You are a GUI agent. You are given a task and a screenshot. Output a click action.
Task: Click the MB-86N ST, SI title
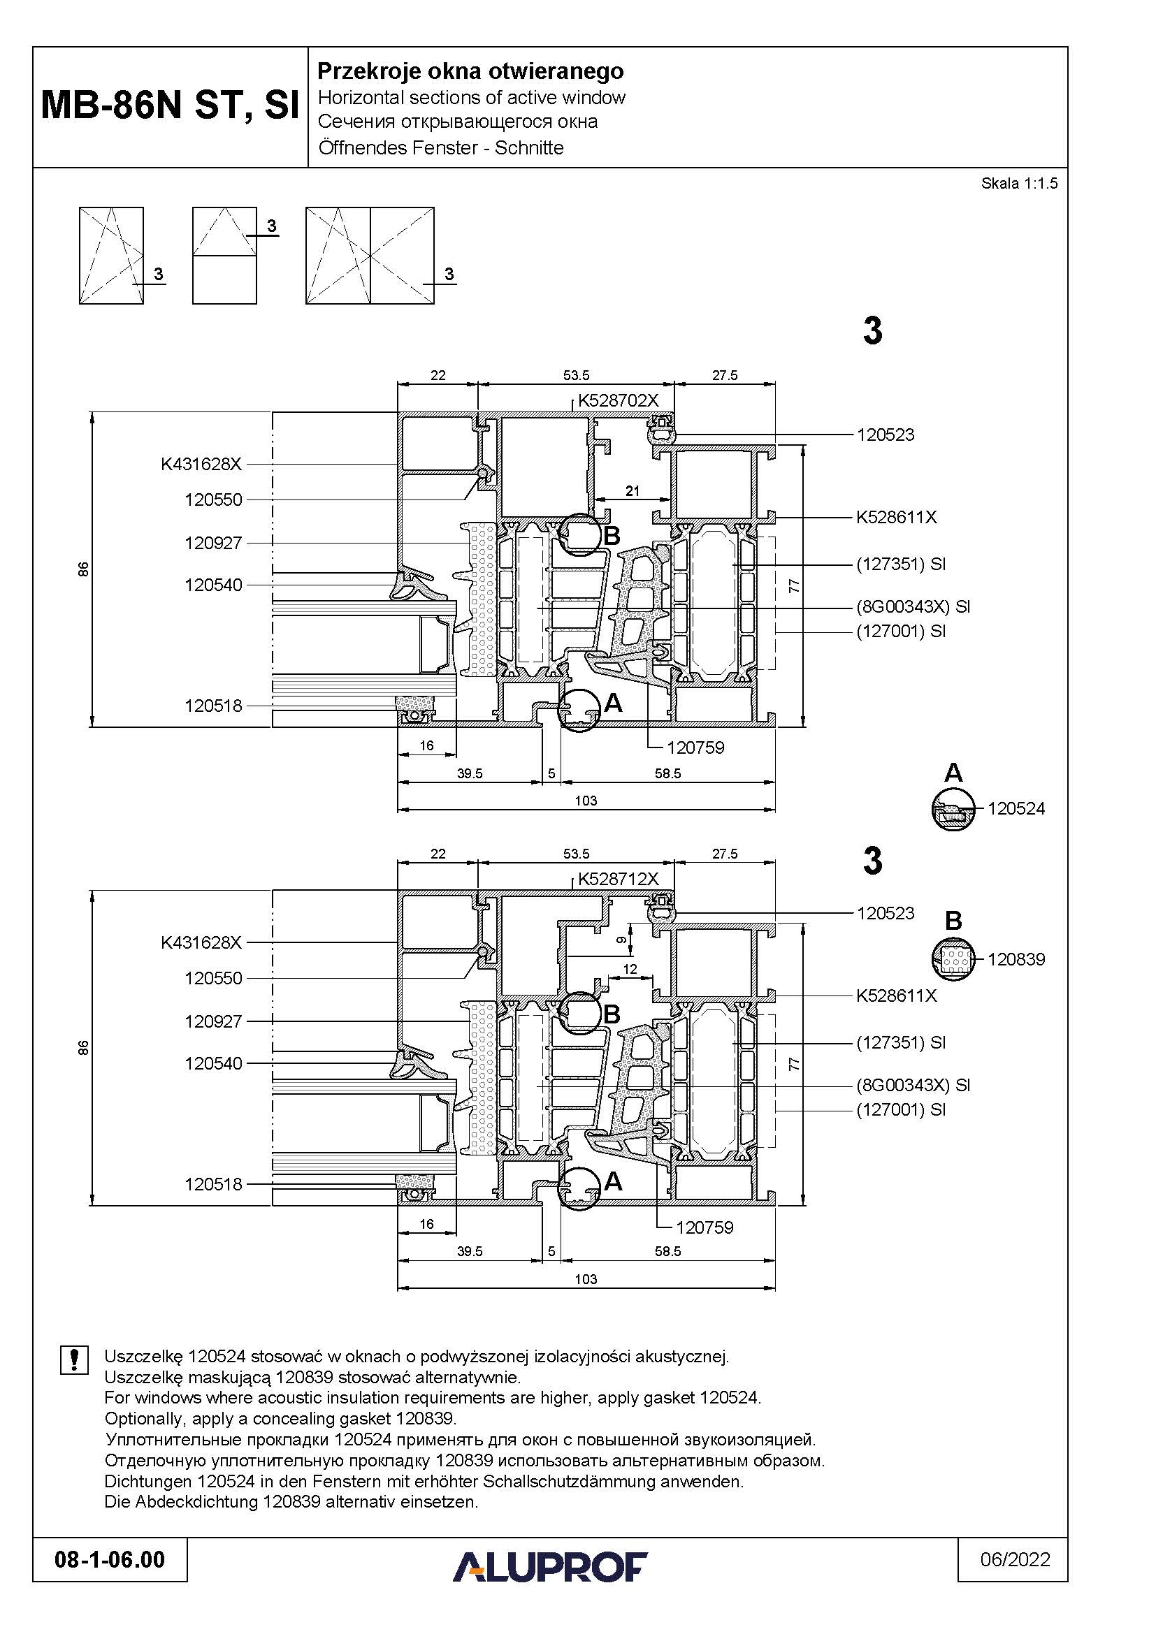click(170, 105)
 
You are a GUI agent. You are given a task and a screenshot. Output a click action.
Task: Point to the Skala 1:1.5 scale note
click(1019, 183)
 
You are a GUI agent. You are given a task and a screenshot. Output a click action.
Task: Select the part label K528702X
click(618, 401)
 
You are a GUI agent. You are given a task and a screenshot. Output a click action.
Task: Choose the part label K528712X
click(618, 879)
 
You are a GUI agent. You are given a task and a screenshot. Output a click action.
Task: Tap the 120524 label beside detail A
click(1016, 808)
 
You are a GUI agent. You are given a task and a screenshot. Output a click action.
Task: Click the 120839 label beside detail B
click(1016, 959)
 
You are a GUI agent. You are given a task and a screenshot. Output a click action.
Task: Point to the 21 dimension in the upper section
click(632, 490)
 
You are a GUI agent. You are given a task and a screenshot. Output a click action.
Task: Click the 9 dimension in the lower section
click(621, 940)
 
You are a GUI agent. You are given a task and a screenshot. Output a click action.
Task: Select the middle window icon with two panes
click(224, 256)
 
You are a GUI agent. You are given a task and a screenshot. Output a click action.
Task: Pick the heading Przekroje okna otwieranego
click(470, 71)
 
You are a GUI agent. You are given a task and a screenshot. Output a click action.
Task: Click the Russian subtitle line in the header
click(458, 122)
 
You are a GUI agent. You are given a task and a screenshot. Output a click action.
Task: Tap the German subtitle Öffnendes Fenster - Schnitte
click(440, 148)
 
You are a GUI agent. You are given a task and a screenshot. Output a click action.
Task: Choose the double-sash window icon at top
click(370, 256)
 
